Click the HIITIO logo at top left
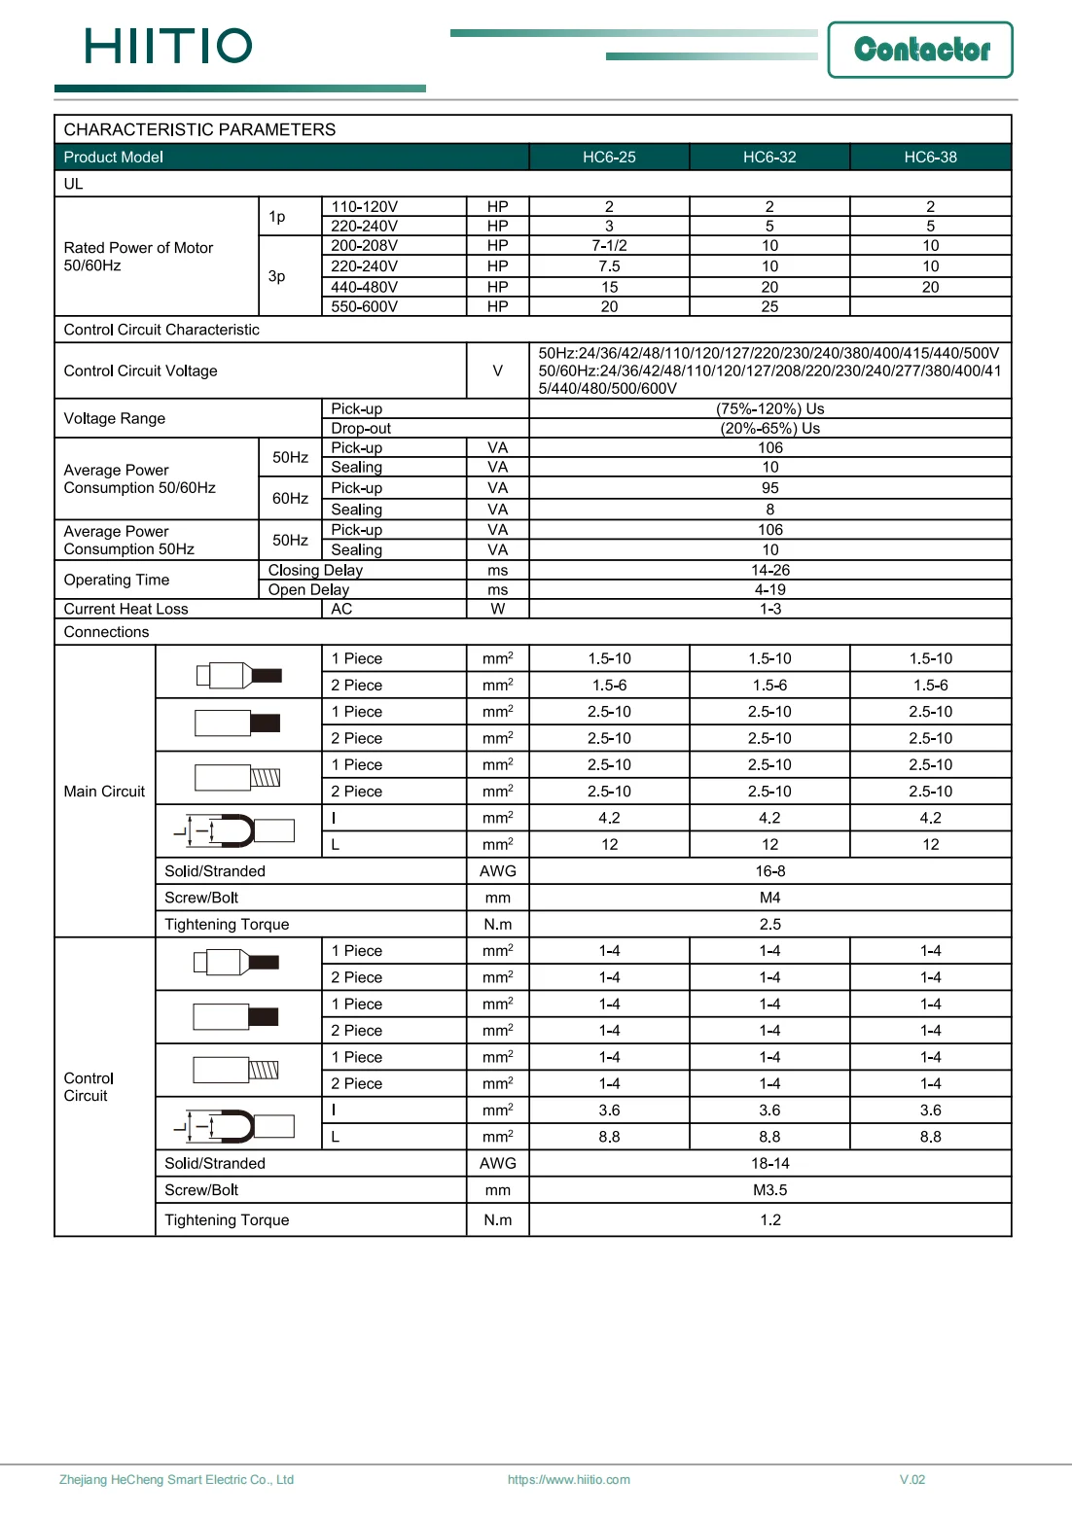pyautogui.click(x=168, y=46)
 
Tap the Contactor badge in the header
pyautogui.click(x=920, y=50)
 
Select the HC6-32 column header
pyautogui.click(x=769, y=158)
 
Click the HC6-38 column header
pyautogui.click(x=930, y=158)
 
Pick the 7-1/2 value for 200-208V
pyautogui.click(x=609, y=246)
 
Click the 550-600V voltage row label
pyautogui.click(x=364, y=306)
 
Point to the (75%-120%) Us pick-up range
pyautogui.click(x=769, y=408)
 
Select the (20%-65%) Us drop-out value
pyautogui.click(x=769, y=428)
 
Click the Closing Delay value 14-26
pyautogui.click(x=769, y=570)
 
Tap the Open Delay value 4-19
pyautogui.click(x=769, y=589)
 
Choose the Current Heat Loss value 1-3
pyautogui.click(x=769, y=609)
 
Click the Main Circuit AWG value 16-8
pyautogui.click(x=769, y=871)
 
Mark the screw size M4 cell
pyautogui.click(x=769, y=898)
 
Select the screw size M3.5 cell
pyautogui.click(x=769, y=1190)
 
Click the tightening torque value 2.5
pyautogui.click(x=769, y=924)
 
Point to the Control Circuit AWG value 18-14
pyautogui.click(x=769, y=1163)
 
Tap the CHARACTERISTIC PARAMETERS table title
pyautogui.click(x=199, y=129)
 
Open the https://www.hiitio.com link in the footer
pyautogui.click(x=568, y=1480)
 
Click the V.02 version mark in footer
pyautogui.click(x=911, y=1480)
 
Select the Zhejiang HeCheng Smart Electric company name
pyautogui.click(x=176, y=1480)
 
